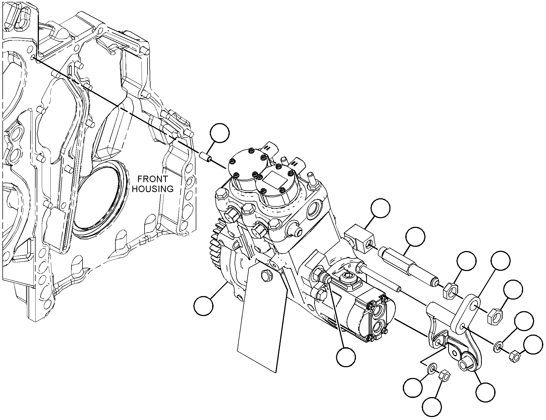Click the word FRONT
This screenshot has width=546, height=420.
coord(153,179)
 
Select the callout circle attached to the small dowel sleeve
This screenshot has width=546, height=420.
coord(220,133)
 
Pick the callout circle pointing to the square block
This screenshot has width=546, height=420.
coord(380,208)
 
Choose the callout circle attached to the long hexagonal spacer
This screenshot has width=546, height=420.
coord(415,237)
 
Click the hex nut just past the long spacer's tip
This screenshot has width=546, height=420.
coord(450,290)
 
